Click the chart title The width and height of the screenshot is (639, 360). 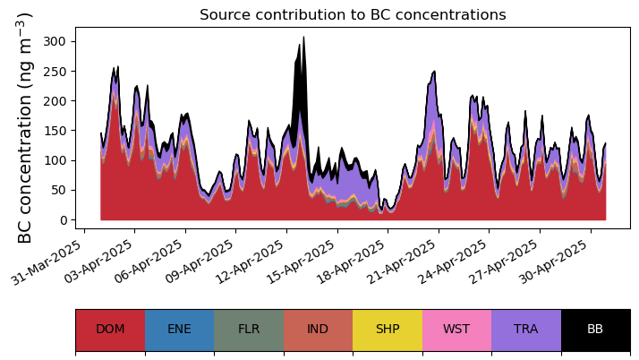point(353,15)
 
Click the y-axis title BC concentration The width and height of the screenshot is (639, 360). point(25,128)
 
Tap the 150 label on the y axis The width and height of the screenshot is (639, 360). point(58,131)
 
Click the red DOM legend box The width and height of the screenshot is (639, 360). point(110,330)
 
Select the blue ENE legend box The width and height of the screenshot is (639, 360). point(179,330)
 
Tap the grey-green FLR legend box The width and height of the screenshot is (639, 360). point(249,330)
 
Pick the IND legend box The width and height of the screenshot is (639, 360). point(318,330)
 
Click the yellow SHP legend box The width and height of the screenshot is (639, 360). point(388,330)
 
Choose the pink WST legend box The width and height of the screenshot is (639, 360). point(456,330)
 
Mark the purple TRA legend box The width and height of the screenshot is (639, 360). point(526,330)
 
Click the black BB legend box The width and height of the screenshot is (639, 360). point(595,330)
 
